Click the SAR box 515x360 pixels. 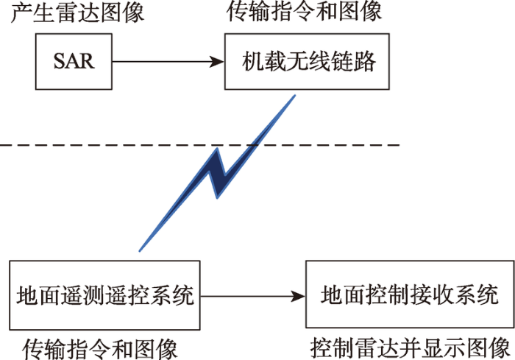pos(74,61)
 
